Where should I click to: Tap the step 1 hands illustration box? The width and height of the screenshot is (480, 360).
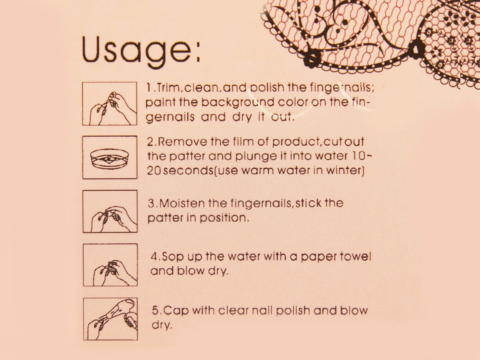(110, 104)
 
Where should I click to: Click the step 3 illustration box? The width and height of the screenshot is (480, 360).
(110, 211)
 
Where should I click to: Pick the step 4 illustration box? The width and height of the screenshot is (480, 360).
(110, 265)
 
